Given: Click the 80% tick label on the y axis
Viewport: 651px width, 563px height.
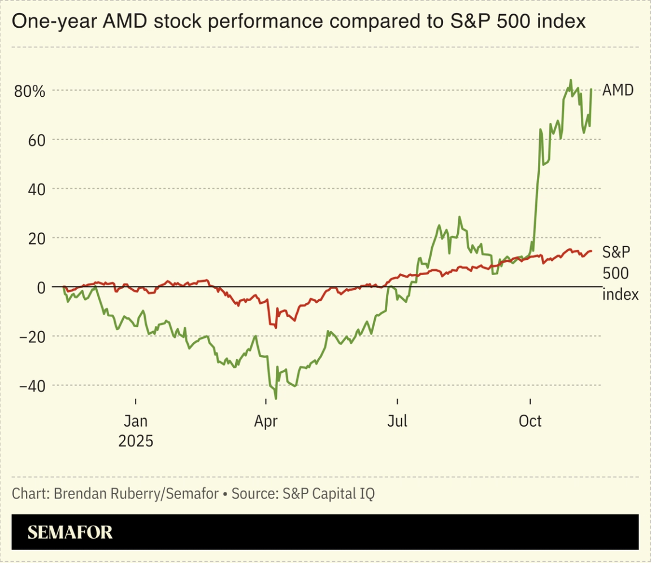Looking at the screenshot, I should pos(29,91).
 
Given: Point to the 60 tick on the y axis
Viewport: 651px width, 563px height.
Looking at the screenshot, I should pos(36,140).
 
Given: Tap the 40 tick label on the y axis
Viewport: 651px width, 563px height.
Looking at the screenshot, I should pos(36,189).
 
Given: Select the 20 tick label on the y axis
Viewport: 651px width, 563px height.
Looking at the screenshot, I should pos(36,238).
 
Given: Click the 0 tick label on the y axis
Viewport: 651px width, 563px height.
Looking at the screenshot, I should pos(41,287).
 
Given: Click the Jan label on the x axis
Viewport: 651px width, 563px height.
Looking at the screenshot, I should pos(136,421).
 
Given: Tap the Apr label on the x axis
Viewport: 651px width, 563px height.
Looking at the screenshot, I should pos(266,421).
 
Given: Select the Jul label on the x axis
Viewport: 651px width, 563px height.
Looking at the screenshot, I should pos(397,421).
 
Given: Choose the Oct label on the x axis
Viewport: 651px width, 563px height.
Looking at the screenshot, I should pos(530,421).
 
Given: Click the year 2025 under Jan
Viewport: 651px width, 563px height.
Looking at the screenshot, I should pos(136,441).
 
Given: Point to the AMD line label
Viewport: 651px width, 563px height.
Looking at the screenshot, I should pos(618,90).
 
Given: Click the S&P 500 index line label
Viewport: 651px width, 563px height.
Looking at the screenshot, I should pos(620,273).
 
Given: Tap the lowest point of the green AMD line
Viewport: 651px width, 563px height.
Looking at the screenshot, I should pos(276,399).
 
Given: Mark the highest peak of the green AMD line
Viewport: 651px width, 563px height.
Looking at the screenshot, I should pos(571,80).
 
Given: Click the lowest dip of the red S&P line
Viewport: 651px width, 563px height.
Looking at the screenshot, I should pos(276,328).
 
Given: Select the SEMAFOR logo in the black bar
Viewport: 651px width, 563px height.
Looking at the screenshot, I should pos(70,532).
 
